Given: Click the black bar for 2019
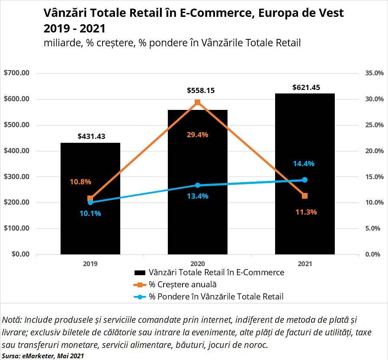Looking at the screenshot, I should pyautogui.click(x=90, y=225).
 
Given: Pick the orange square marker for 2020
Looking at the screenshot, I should pyautogui.click(x=198, y=102).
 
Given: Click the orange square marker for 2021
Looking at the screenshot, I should pyautogui.click(x=305, y=196).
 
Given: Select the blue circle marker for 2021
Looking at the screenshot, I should pyautogui.click(x=305, y=180).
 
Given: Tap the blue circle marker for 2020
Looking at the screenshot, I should pyautogui.click(x=198, y=185).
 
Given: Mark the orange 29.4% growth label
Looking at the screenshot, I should pyautogui.click(x=198, y=135).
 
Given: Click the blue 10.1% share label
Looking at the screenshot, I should pyautogui.click(x=90, y=213).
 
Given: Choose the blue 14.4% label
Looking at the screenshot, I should pyautogui.click(x=305, y=164).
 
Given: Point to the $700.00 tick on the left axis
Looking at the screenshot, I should pyautogui.click(x=17, y=73).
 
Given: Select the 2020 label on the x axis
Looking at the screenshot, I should pyautogui.click(x=198, y=263).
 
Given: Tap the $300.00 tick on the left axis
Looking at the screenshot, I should pyautogui.click(x=17, y=177).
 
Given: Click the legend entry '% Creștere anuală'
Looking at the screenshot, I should pyautogui.click(x=183, y=284).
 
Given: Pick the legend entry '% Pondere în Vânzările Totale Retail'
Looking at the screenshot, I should pyautogui.click(x=216, y=296).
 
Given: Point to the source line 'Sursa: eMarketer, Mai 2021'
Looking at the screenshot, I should pyautogui.click(x=43, y=356).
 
